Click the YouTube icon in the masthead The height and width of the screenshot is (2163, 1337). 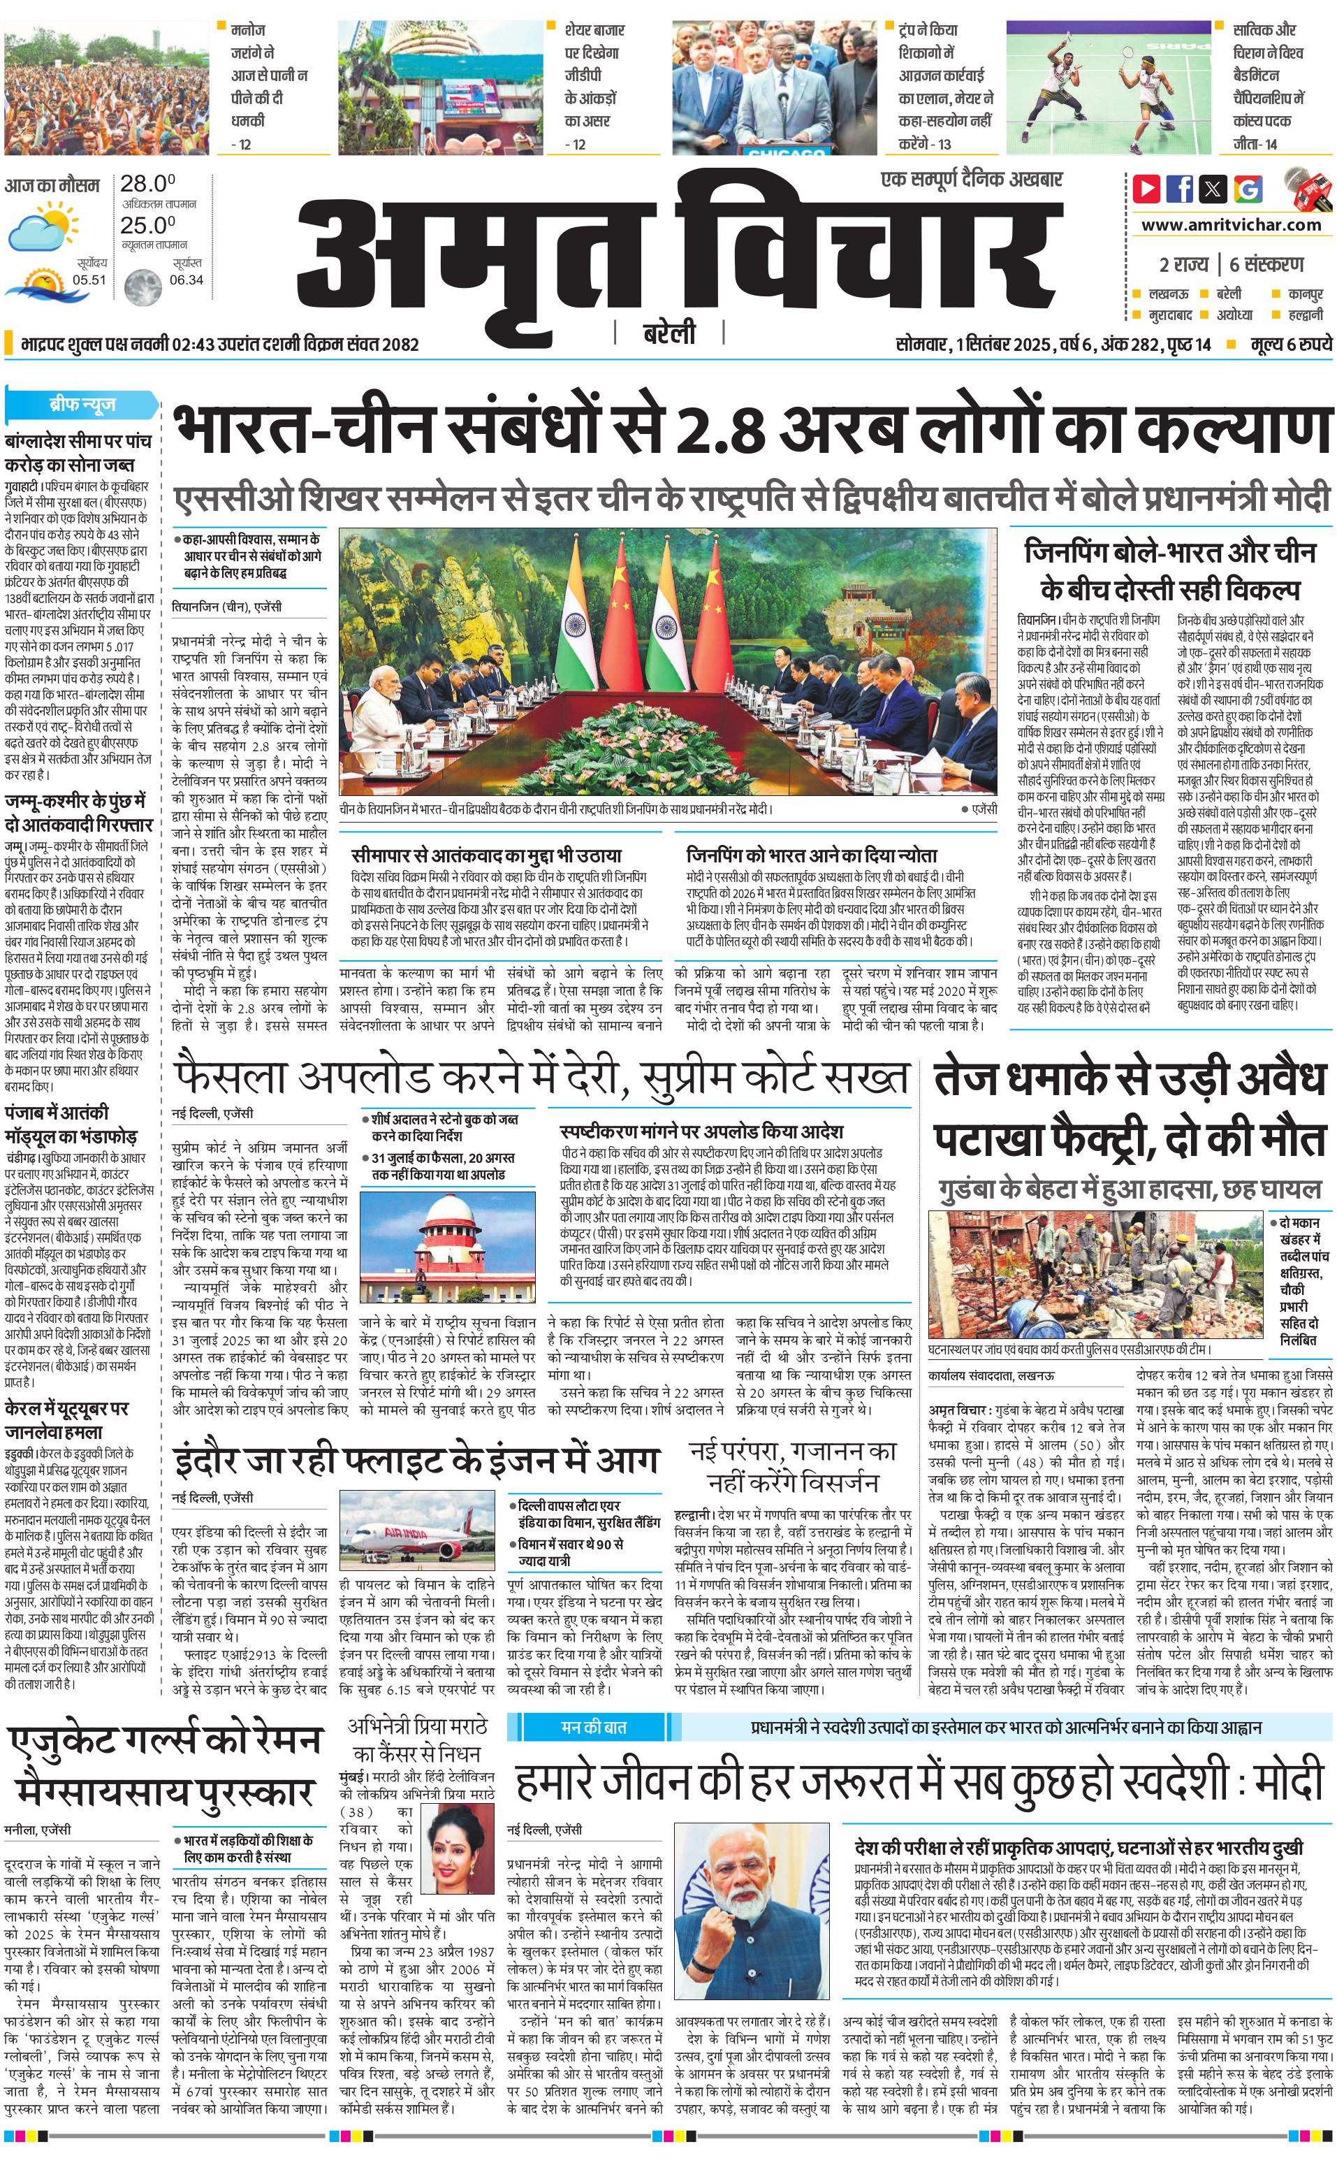tap(1147, 189)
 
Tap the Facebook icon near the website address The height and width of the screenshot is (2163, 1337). tap(1180, 189)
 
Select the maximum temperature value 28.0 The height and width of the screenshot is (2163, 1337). tap(147, 184)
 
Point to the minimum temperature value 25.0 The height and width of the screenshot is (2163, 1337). tap(147, 225)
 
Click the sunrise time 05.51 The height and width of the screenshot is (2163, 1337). tap(89, 280)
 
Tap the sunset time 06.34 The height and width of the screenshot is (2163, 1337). tap(186, 280)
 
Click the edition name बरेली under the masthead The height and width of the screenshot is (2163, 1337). tap(668, 333)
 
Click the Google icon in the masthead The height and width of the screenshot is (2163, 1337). tap(1248, 189)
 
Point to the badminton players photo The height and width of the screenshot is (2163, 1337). tap(1108, 87)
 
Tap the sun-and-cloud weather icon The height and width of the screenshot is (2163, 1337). tap(41, 226)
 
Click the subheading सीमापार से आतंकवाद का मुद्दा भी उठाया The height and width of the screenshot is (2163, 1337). tap(486, 855)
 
